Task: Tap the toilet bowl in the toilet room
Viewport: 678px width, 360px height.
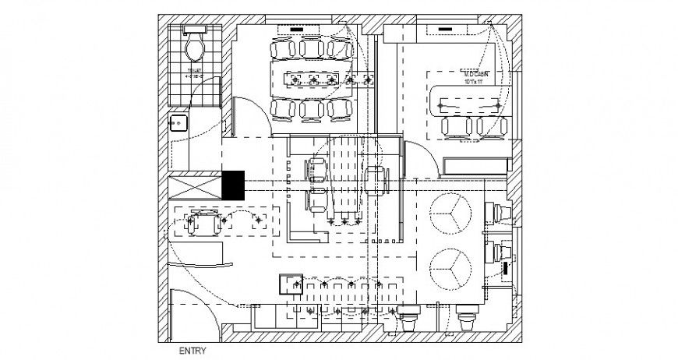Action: click(x=194, y=48)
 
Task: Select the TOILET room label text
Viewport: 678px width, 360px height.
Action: click(x=194, y=72)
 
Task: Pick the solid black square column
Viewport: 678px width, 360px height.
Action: click(x=233, y=185)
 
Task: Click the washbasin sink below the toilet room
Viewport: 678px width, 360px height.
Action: click(x=178, y=123)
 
